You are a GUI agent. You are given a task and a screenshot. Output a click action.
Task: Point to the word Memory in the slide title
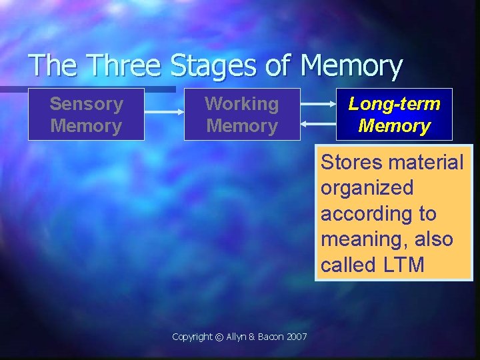(x=351, y=67)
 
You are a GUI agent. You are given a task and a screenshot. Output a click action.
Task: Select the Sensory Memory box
(x=86, y=115)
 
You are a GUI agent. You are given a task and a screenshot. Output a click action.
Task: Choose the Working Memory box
(x=242, y=115)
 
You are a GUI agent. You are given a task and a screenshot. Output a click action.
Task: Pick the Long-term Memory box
(x=394, y=115)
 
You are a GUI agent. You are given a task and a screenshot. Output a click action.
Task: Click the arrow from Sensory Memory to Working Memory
(x=164, y=112)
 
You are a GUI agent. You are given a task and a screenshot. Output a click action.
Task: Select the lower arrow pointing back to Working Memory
(x=318, y=123)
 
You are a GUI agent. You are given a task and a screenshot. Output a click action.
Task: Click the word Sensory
(x=86, y=104)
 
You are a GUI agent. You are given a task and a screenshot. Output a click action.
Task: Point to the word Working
(x=242, y=104)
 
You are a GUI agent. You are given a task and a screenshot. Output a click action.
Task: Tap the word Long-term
(x=394, y=104)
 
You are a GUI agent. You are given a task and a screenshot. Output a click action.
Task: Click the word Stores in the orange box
(x=351, y=163)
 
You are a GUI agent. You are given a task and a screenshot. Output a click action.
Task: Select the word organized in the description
(x=357, y=189)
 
